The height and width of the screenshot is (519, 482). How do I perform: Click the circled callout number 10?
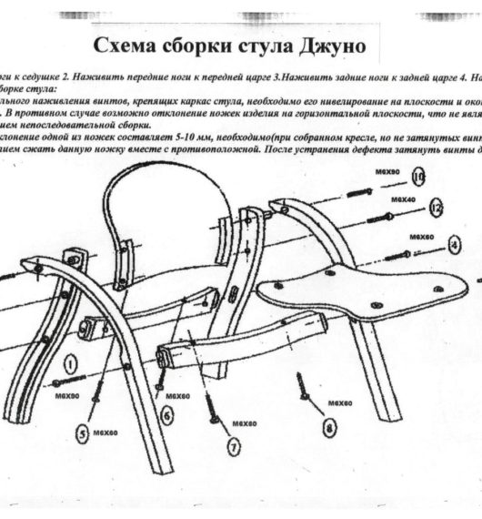point(418,177)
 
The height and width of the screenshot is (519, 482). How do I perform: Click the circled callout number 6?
point(167,415)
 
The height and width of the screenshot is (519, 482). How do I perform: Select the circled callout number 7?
point(233,446)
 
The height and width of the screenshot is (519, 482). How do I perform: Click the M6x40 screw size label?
point(403,198)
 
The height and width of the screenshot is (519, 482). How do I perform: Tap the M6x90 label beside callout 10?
point(383,169)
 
